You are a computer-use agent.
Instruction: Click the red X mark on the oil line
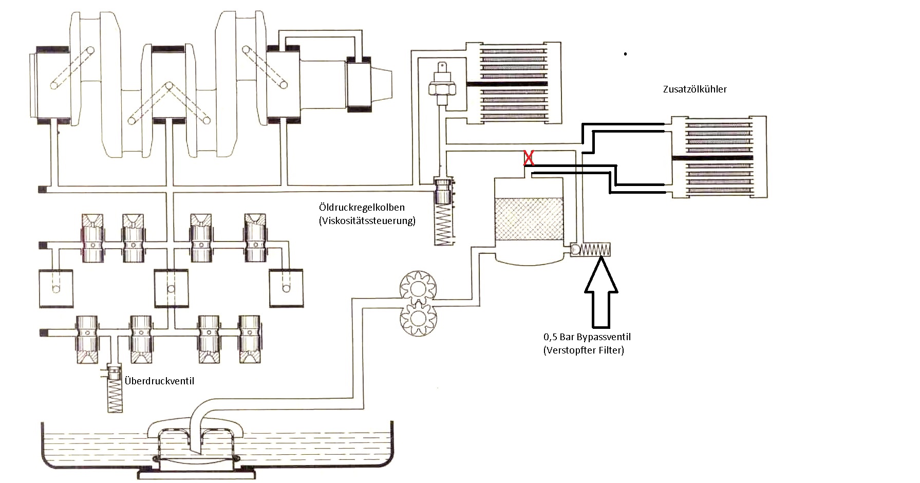pyautogui.click(x=529, y=158)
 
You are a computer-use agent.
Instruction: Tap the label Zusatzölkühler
pyautogui.click(x=694, y=89)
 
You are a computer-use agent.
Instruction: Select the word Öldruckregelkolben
pyautogui.click(x=362, y=207)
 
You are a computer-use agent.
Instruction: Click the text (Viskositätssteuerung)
pyautogui.click(x=367, y=221)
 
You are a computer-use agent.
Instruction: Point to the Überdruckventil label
pyautogui.click(x=159, y=381)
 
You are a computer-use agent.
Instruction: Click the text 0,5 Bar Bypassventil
pyautogui.click(x=587, y=337)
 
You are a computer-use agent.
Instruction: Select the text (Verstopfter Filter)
pyautogui.click(x=584, y=350)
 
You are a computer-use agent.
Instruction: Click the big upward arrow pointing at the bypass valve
pyautogui.click(x=601, y=292)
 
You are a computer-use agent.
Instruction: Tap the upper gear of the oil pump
pyautogui.click(x=417, y=288)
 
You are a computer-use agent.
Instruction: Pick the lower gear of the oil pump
pyautogui.click(x=417, y=318)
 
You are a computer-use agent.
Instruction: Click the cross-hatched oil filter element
pyautogui.click(x=529, y=220)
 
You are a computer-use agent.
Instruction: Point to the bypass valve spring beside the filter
pyautogui.click(x=596, y=250)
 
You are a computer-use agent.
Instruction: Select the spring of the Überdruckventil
pyautogui.click(x=115, y=395)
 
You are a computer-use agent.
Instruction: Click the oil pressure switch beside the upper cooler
pyautogui.click(x=440, y=84)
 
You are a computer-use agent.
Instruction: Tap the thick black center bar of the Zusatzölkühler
pyautogui.click(x=712, y=157)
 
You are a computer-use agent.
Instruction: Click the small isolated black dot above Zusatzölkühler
pyautogui.click(x=625, y=53)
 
